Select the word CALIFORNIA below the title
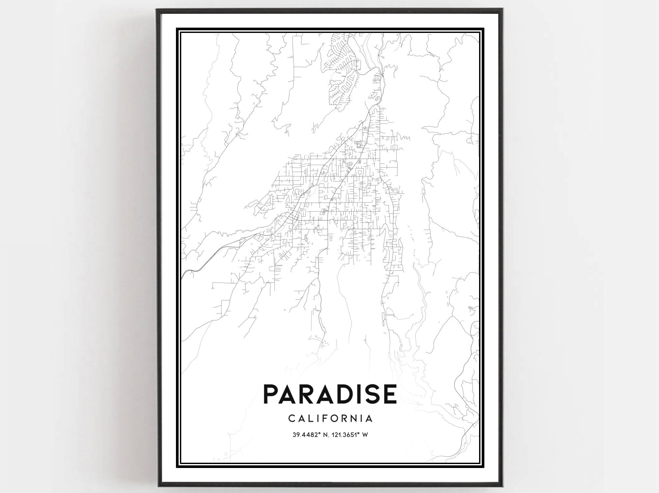(x=330, y=419)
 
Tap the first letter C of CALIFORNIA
(x=291, y=419)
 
